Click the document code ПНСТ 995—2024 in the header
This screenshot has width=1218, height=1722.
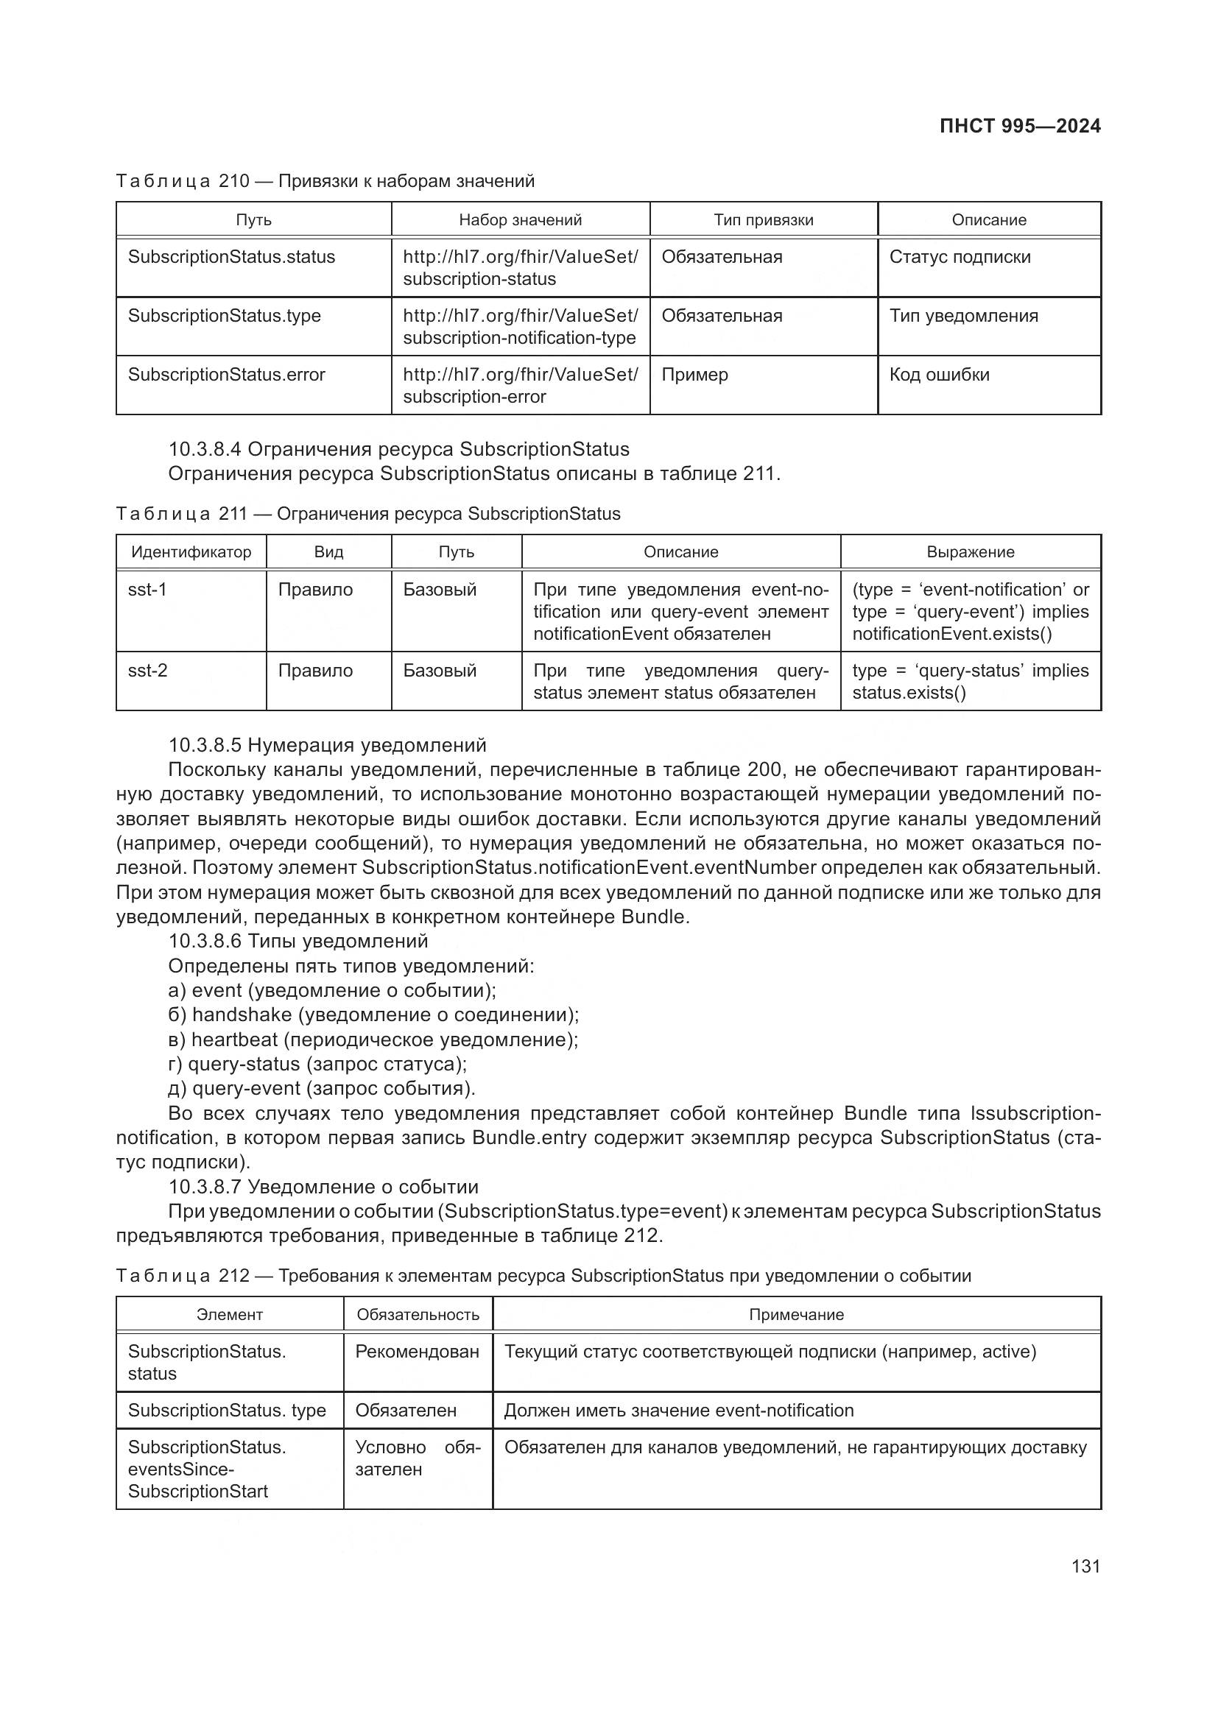(1019, 126)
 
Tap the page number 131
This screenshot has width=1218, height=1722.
(1085, 1566)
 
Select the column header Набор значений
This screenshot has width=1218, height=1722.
(520, 219)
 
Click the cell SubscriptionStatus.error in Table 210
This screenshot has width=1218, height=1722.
(227, 375)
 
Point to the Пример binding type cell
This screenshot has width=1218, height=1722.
(694, 375)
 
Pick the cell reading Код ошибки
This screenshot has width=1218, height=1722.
(939, 375)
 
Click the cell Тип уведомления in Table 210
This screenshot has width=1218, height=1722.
(963, 316)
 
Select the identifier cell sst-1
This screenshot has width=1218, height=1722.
(148, 590)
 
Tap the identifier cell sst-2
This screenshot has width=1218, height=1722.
(148, 671)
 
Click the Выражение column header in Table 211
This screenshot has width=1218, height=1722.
(970, 552)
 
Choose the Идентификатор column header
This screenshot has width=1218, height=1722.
(191, 552)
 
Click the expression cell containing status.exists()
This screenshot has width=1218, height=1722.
(970, 681)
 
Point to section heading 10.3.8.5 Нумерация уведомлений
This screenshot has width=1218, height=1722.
(327, 745)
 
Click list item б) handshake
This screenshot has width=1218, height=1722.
(373, 1015)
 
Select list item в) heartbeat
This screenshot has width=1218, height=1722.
(373, 1040)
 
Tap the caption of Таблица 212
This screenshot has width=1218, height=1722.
(543, 1276)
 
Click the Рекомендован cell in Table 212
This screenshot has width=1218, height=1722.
(417, 1352)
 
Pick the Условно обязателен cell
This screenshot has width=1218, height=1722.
(417, 1458)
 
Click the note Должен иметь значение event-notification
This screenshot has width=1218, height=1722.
(679, 1410)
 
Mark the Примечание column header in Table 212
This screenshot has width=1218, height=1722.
(796, 1315)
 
